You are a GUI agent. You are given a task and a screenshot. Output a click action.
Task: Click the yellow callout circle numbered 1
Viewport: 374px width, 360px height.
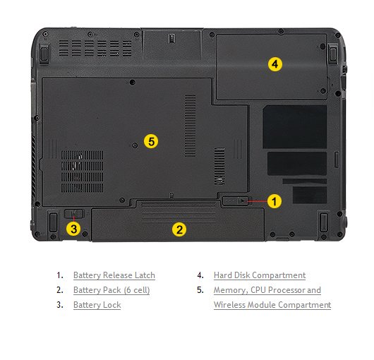click(x=275, y=201)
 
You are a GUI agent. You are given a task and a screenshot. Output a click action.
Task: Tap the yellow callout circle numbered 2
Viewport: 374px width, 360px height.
click(x=179, y=229)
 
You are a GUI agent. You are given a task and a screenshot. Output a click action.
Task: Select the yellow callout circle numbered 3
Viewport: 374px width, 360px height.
click(x=73, y=229)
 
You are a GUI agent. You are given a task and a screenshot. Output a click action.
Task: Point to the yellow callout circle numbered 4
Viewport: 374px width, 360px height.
click(x=275, y=64)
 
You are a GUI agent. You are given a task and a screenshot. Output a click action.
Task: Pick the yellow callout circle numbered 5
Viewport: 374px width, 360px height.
click(x=151, y=141)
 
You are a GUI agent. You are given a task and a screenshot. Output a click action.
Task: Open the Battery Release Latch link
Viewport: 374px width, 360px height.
click(x=114, y=275)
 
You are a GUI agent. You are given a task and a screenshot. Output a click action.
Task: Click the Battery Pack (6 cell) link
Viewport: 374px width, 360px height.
click(x=111, y=290)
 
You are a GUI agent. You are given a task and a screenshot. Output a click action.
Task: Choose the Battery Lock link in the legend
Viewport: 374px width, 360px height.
click(x=97, y=305)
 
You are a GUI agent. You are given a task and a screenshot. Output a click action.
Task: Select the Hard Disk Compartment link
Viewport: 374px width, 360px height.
click(x=260, y=275)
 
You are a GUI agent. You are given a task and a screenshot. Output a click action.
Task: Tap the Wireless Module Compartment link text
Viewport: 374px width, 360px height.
click(x=272, y=305)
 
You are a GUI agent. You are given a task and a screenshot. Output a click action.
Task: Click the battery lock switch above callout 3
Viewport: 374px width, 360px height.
click(x=73, y=213)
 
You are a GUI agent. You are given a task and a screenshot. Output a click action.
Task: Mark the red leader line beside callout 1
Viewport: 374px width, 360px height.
click(x=258, y=201)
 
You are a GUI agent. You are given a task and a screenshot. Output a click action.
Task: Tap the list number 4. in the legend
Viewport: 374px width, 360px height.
click(x=200, y=275)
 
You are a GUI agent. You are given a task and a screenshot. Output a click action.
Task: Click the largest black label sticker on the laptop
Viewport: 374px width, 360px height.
click(x=295, y=127)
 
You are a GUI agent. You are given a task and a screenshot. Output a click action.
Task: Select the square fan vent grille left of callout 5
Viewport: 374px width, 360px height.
click(x=83, y=172)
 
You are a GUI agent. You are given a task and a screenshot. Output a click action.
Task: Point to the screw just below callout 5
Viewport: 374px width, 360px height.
click(x=135, y=145)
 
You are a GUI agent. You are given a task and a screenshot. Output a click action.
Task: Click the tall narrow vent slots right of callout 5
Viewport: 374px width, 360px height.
click(x=191, y=126)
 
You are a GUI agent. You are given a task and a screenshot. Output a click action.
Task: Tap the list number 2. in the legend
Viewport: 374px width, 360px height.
click(x=60, y=290)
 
